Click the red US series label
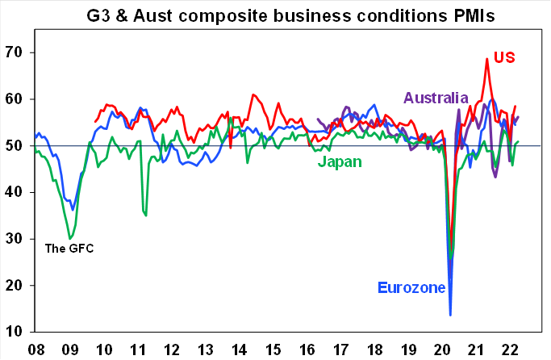[504, 57]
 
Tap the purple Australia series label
[436, 98]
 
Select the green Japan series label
[339, 162]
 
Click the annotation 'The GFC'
[69, 248]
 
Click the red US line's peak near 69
[487, 58]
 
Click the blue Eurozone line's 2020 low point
[450, 315]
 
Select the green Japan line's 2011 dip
[145, 215]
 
